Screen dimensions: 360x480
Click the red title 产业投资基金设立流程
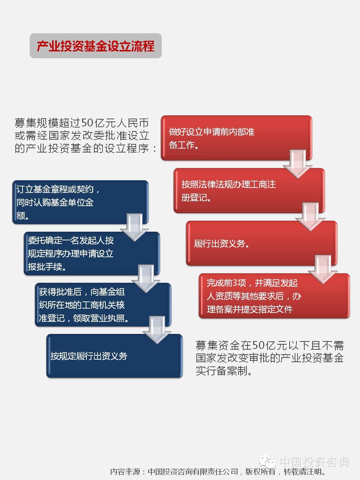96,46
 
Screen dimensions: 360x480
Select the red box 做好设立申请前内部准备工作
236,138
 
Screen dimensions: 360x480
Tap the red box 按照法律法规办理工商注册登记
249,190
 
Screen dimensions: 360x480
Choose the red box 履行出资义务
262,243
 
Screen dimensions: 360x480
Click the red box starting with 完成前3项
274,296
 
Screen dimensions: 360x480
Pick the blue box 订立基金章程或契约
80,202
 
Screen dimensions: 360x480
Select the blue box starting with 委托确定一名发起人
92,254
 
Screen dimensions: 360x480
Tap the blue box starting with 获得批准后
103,305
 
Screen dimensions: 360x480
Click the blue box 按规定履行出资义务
114,356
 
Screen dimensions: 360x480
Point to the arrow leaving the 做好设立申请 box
297,164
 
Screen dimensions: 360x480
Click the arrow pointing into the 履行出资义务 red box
310,217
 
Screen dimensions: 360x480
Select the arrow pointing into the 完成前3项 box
323,269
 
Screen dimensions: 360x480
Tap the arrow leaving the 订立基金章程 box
134,227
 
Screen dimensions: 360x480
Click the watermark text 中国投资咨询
314,462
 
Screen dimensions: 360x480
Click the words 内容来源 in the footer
125,472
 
